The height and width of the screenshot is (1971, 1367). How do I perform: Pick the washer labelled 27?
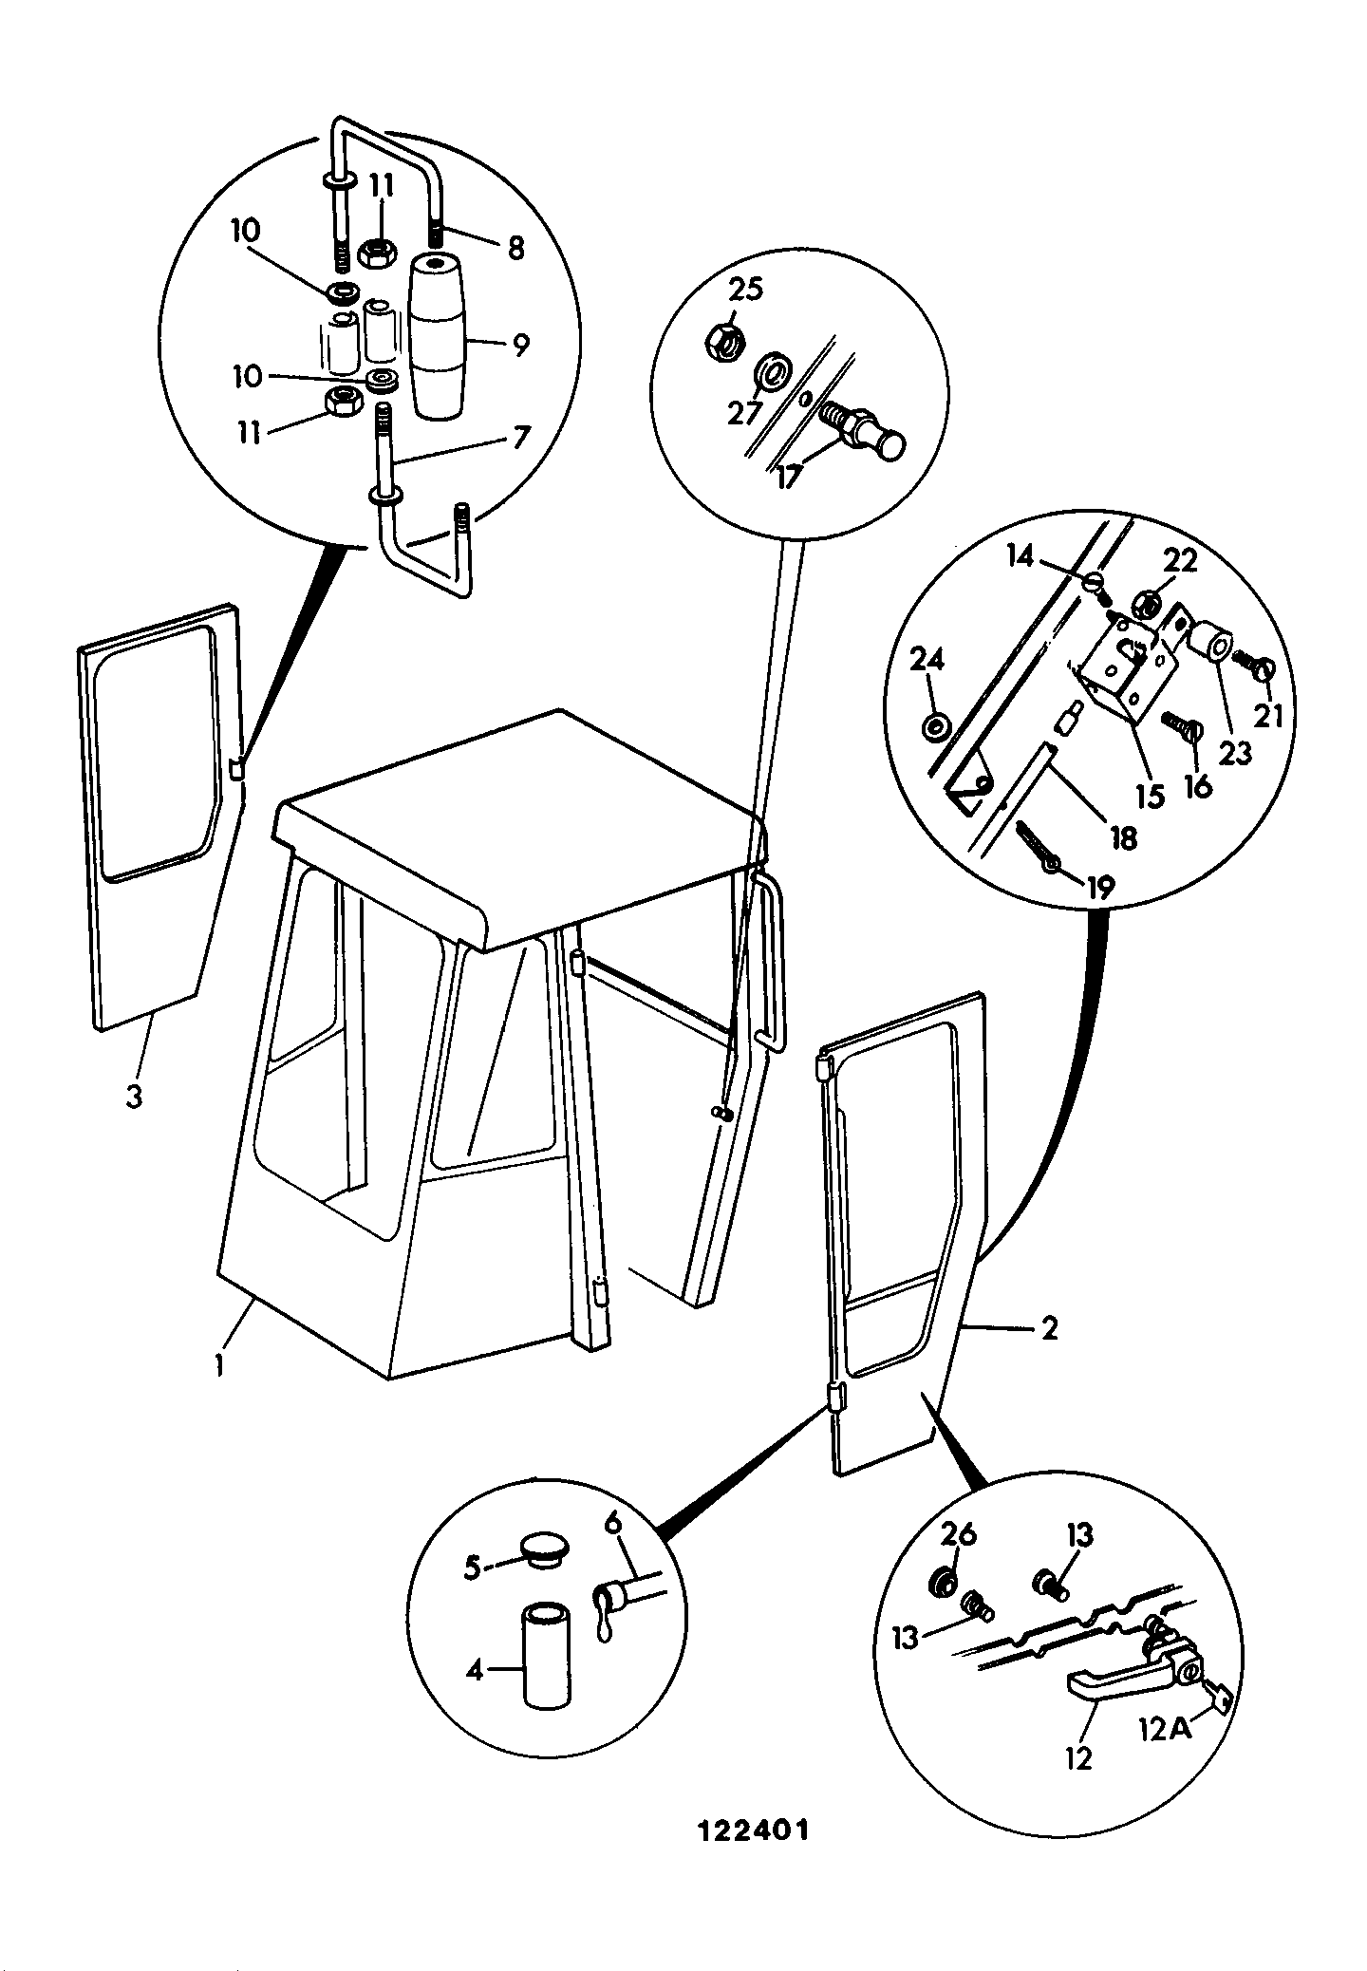[773, 372]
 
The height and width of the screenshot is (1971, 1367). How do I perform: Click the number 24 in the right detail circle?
[927, 660]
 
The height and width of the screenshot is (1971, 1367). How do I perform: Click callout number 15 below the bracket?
[1150, 795]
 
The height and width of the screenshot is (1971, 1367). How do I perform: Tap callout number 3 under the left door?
[134, 1096]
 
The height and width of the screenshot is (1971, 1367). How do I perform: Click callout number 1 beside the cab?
[219, 1366]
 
